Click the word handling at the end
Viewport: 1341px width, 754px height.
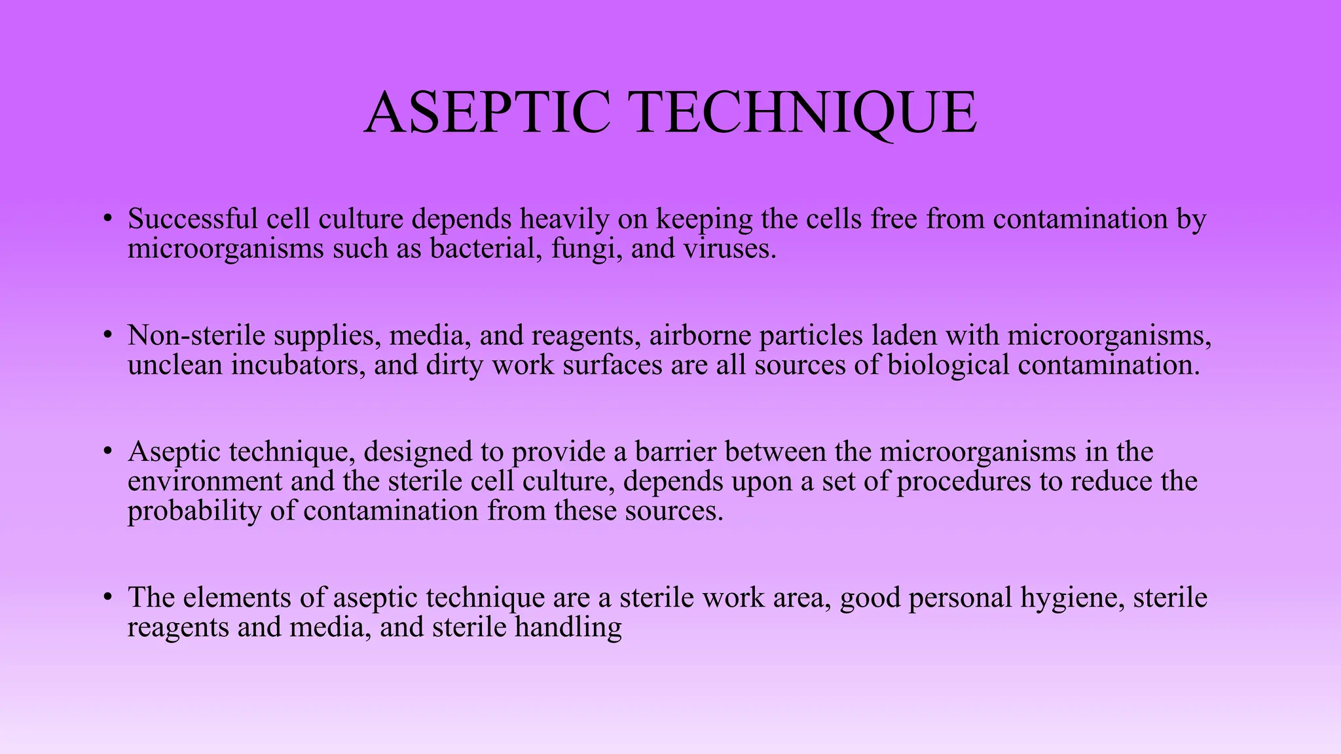click(x=568, y=628)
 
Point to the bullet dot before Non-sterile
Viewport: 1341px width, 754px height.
click(x=108, y=336)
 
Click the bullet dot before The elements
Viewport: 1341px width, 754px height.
click(x=108, y=598)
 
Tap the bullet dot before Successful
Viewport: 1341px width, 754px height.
click(x=108, y=219)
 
